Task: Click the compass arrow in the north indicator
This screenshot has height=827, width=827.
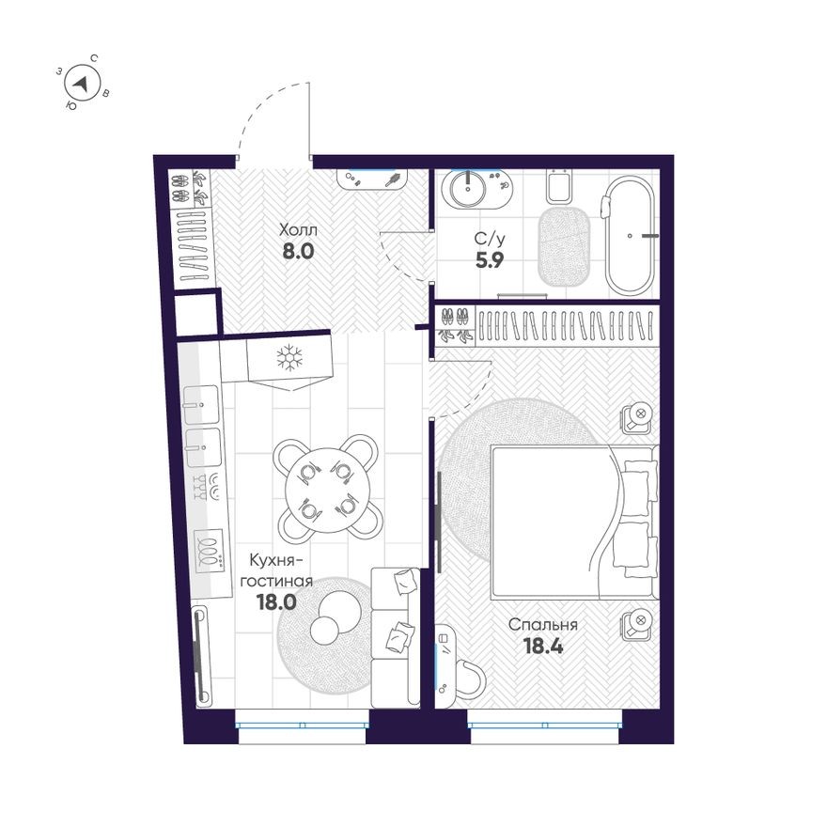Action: coord(82,85)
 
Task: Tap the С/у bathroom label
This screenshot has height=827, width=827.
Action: coord(488,239)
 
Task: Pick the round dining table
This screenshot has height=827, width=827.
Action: coord(326,485)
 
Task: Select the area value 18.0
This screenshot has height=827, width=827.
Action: coord(276,602)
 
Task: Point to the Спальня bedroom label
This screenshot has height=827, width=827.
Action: coord(542,624)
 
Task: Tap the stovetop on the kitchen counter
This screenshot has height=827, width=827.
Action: coord(209,549)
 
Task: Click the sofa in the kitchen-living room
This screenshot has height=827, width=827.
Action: coord(395,636)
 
